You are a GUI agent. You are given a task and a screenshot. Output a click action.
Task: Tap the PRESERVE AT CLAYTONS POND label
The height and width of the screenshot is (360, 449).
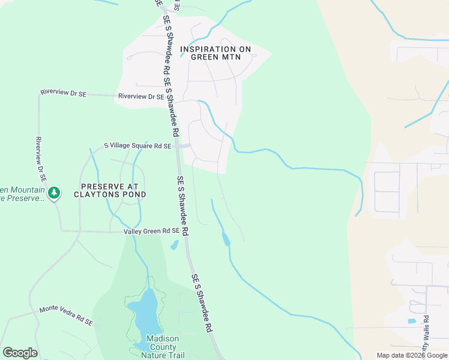coord(110,190)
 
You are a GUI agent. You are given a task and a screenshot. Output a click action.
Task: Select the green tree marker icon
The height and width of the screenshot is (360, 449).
coord(55,193)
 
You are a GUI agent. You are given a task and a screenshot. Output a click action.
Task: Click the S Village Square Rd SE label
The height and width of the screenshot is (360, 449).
coord(137,146)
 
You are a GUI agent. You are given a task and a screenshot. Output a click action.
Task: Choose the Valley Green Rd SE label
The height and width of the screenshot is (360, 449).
coord(152,231)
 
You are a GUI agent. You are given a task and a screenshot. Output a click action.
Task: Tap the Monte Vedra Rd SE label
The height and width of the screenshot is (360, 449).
coord(66,316)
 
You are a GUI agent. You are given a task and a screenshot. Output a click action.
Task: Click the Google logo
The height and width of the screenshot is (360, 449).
coord(20,353)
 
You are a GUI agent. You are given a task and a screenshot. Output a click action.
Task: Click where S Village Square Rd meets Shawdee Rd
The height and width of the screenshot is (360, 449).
coord(177,146)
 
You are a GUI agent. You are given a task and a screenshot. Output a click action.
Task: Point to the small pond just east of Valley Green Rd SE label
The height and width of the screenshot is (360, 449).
coord(174,245)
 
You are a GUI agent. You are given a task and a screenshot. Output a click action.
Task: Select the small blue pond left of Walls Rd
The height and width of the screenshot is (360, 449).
coord(412,321)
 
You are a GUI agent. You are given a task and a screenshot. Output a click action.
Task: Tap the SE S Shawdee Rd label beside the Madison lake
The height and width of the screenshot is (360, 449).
coord(203,304)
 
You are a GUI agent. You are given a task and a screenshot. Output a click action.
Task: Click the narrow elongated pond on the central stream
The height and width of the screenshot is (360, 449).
coord(226,239)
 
